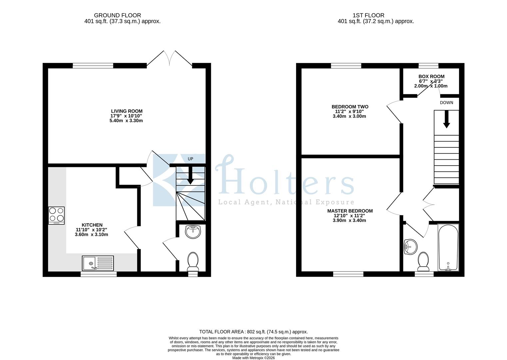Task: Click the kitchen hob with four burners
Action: tap(56, 215)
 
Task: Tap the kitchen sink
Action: tap(98, 263)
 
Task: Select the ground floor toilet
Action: tap(193, 261)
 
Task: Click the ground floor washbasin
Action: tap(193, 232)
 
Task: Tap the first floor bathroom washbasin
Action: tap(410, 247)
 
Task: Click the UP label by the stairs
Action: tap(190, 159)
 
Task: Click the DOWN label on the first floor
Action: tap(446, 103)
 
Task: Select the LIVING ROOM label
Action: tap(127, 111)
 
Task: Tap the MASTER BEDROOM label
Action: tap(350, 211)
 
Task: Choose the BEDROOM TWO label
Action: tap(350, 107)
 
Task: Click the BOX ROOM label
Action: tap(431, 76)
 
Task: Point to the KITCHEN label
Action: tap(92, 225)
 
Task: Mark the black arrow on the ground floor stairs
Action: tap(190, 176)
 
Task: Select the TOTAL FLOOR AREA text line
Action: tap(253, 332)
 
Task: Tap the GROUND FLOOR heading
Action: tap(117, 15)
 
